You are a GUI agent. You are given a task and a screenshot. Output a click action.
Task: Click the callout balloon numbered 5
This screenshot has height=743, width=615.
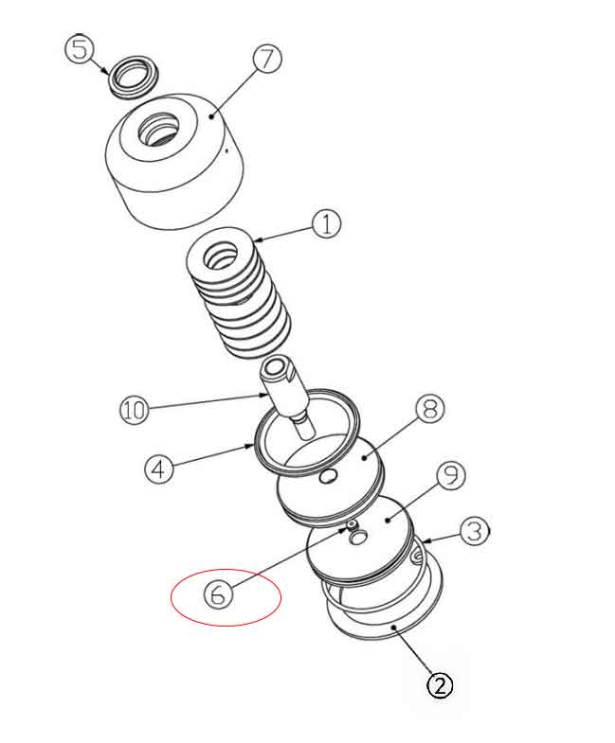point(79,48)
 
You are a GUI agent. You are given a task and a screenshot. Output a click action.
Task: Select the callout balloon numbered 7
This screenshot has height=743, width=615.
point(267,59)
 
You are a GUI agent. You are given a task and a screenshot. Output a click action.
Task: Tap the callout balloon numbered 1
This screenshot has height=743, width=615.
point(325,224)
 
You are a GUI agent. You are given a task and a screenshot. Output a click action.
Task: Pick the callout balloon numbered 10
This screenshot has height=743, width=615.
point(135,411)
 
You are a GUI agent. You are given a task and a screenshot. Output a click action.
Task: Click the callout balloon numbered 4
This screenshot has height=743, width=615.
point(160,469)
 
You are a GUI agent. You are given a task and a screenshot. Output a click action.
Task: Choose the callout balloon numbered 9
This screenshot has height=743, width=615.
point(451,476)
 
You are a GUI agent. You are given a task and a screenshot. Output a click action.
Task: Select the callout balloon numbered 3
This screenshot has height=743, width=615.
point(476,531)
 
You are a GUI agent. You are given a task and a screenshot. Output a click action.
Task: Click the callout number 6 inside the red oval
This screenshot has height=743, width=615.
point(219,595)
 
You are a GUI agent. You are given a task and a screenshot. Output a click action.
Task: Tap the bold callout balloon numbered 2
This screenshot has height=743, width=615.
point(439,684)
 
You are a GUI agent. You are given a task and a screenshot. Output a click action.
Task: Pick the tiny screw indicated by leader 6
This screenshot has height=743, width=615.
point(352,525)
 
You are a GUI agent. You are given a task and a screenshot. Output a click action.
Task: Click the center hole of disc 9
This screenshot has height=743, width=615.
point(359,537)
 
